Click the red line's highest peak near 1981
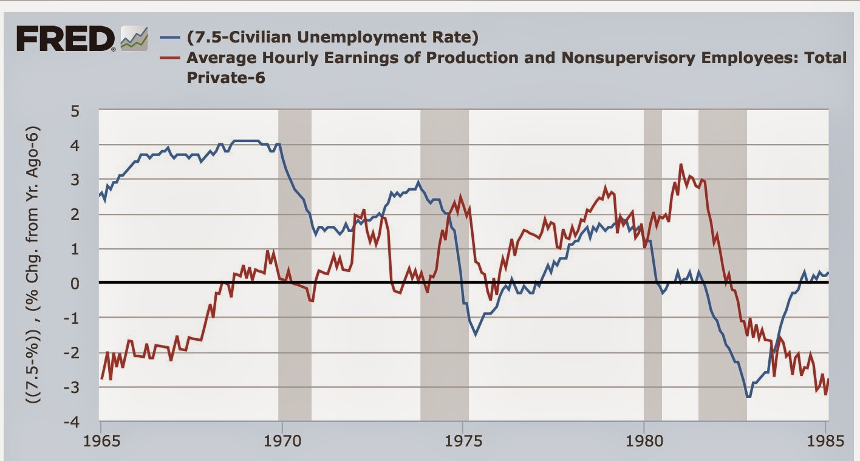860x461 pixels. point(681,165)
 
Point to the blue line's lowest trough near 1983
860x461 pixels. point(748,397)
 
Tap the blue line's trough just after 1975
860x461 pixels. point(476,335)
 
